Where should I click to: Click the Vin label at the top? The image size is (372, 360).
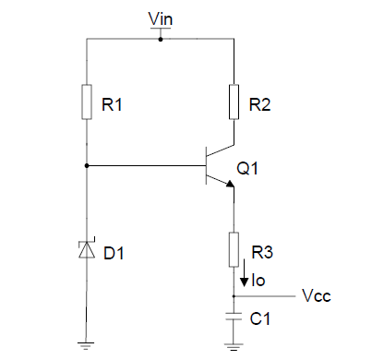[160, 19]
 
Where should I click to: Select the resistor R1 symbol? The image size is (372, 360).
[86, 102]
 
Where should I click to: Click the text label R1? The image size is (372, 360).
[111, 105]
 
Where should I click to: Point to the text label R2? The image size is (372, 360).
[259, 105]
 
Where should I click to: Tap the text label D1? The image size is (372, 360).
[112, 252]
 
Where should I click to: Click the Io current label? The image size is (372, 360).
[259, 279]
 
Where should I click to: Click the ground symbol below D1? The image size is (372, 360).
[86, 346]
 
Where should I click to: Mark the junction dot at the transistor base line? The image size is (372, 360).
[86, 166]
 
